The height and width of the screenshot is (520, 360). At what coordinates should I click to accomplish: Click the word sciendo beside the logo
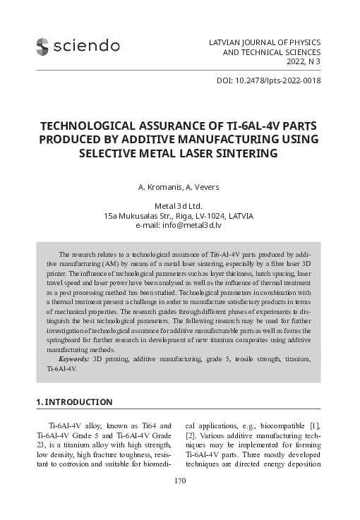(x=88, y=47)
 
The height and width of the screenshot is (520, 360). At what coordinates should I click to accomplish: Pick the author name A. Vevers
(x=203, y=187)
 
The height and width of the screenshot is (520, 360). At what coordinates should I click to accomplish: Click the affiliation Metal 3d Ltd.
(x=179, y=206)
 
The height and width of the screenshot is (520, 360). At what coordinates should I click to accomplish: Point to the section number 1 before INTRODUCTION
(x=38, y=402)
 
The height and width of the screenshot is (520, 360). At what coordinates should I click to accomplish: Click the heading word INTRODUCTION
(x=78, y=402)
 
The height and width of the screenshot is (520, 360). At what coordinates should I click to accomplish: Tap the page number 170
(x=179, y=481)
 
